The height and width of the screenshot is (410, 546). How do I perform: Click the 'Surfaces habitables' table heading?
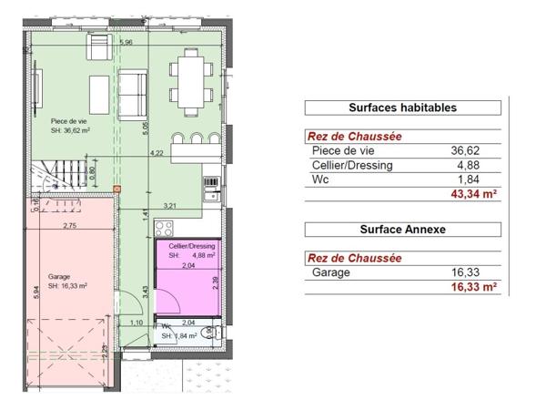402,108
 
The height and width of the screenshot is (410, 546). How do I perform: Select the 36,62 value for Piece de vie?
463,151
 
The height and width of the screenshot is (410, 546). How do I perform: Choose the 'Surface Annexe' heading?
402,230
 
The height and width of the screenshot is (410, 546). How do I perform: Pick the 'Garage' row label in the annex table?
330,272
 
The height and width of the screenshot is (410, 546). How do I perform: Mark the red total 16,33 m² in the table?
472,287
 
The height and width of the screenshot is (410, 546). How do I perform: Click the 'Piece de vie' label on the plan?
67,118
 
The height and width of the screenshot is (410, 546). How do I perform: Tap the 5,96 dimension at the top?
126,42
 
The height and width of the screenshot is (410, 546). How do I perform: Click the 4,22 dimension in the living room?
157,154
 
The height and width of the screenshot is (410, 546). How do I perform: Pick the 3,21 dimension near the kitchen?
168,206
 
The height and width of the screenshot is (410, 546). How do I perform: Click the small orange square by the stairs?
117,189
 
